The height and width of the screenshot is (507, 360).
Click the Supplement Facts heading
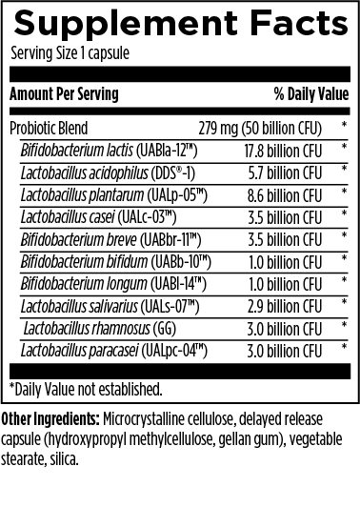(x=179, y=22)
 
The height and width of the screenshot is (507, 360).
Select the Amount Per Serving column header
(x=64, y=96)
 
